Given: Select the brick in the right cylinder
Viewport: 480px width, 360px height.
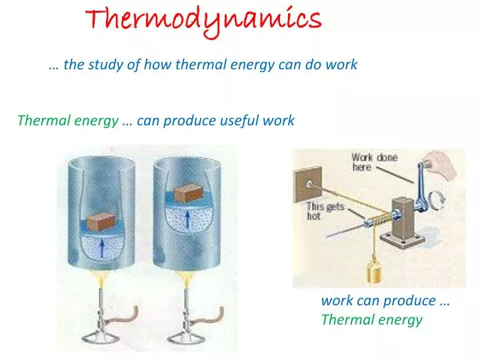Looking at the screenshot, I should [x=193, y=194].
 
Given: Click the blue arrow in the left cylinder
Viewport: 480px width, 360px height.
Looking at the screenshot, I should [x=102, y=250].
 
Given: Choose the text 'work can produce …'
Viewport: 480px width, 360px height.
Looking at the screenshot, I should [x=385, y=301].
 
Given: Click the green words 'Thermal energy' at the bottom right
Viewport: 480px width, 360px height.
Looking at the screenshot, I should [x=371, y=319].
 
